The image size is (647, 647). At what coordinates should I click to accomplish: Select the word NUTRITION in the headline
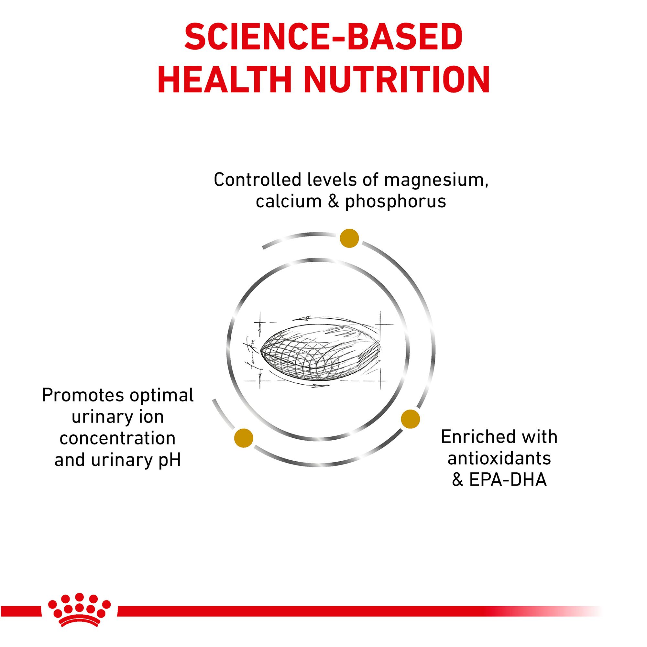click(397, 79)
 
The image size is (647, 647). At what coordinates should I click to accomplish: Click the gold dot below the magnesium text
click(349, 238)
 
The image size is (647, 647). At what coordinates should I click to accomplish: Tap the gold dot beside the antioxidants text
click(410, 419)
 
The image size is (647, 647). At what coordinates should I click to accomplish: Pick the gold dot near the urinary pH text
click(244, 438)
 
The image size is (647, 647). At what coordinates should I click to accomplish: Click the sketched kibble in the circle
click(320, 354)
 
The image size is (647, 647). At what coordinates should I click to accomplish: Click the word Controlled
click(258, 180)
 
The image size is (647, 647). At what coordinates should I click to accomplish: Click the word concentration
click(117, 438)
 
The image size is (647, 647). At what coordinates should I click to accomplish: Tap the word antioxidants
click(499, 458)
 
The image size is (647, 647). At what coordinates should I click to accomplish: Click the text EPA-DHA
click(508, 480)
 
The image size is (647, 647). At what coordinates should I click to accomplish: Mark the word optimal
click(161, 396)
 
